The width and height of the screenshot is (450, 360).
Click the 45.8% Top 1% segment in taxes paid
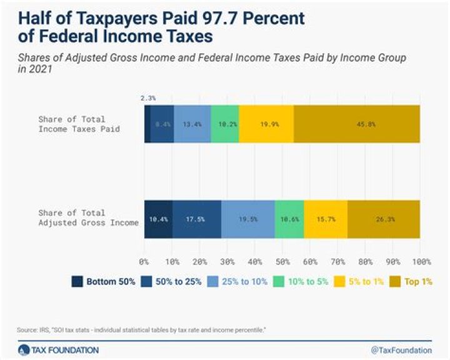point(356,124)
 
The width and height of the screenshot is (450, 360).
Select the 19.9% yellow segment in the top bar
point(266,124)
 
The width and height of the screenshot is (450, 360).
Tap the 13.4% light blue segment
point(192,124)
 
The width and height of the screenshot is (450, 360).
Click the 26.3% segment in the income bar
point(383,219)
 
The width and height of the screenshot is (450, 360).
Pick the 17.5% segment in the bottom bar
point(197,219)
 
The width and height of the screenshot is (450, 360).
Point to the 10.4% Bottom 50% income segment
point(158,219)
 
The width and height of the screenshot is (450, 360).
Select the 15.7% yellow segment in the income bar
point(326,219)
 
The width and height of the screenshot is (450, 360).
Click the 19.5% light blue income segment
point(248,219)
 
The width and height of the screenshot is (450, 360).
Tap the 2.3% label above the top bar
point(147,97)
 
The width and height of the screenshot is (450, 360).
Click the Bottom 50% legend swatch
point(77,281)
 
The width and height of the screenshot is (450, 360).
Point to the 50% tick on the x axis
point(282,260)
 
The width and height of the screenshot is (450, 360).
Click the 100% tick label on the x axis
point(419,260)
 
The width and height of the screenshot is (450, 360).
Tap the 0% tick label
point(144,260)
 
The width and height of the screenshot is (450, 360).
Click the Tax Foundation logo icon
point(24,349)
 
